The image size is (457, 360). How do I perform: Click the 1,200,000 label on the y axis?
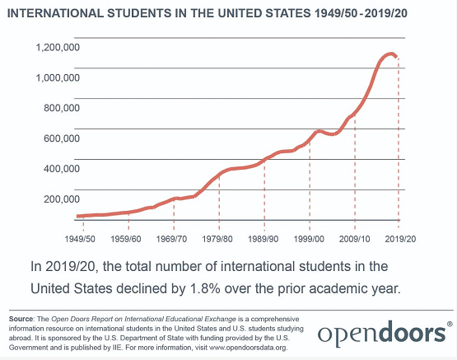click(x=58, y=47)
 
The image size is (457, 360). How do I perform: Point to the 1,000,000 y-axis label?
click(x=58, y=77)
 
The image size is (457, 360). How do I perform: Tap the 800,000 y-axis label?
click(x=62, y=108)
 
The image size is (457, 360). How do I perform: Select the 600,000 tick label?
click(x=62, y=138)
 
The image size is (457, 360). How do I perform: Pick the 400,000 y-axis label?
click(x=62, y=169)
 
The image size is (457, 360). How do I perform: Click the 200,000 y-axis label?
click(x=62, y=199)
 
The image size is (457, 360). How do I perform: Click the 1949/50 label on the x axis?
click(x=80, y=239)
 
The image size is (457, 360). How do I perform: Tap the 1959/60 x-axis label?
click(x=126, y=239)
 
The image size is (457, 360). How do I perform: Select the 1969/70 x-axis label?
click(x=171, y=239)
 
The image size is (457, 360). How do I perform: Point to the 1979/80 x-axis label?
click(x=217, y=239)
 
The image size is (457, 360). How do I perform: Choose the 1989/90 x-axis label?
click(x=263, y=239)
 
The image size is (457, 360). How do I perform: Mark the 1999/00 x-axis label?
click(x=309, y=239)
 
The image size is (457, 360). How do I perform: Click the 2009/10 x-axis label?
click(x=354, y=239)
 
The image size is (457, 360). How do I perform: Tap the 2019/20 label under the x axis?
click(x=400, y=239)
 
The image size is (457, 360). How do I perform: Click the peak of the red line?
click(x=390, y=54)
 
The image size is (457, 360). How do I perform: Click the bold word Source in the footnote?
click(x=21, y=319)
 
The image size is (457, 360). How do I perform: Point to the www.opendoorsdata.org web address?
click(x=248, y=348)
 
